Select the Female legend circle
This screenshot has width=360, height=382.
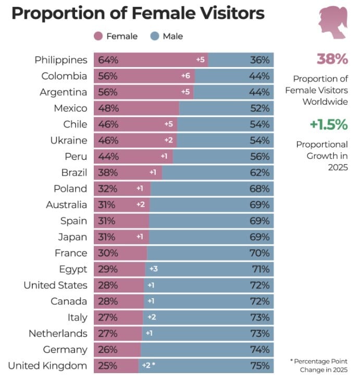(98, 36)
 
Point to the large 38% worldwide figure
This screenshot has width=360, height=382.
(332, 59)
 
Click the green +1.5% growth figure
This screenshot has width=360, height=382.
(328, 124)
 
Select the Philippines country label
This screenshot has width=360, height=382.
(60, 60)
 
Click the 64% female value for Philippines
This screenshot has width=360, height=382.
(107, 60)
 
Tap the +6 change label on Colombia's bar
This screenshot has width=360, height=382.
(185, 76)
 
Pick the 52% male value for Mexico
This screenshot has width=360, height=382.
(259, 108)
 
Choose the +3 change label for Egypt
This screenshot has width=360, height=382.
(153, 269)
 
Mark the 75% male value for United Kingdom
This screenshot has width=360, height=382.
(259, 366)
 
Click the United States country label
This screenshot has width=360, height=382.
(55, 285)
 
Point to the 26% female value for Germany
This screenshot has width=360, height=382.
(107, 350)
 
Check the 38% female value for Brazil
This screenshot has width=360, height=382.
(107, 173)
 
